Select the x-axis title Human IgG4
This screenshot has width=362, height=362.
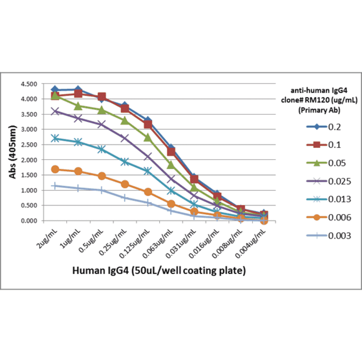[159, 271]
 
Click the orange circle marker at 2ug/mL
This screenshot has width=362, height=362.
[55, 169]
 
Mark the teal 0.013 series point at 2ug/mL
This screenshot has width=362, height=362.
[55, 138]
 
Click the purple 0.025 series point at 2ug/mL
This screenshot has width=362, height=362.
[55, 111]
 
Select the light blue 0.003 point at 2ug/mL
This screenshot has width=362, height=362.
[55, 186]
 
